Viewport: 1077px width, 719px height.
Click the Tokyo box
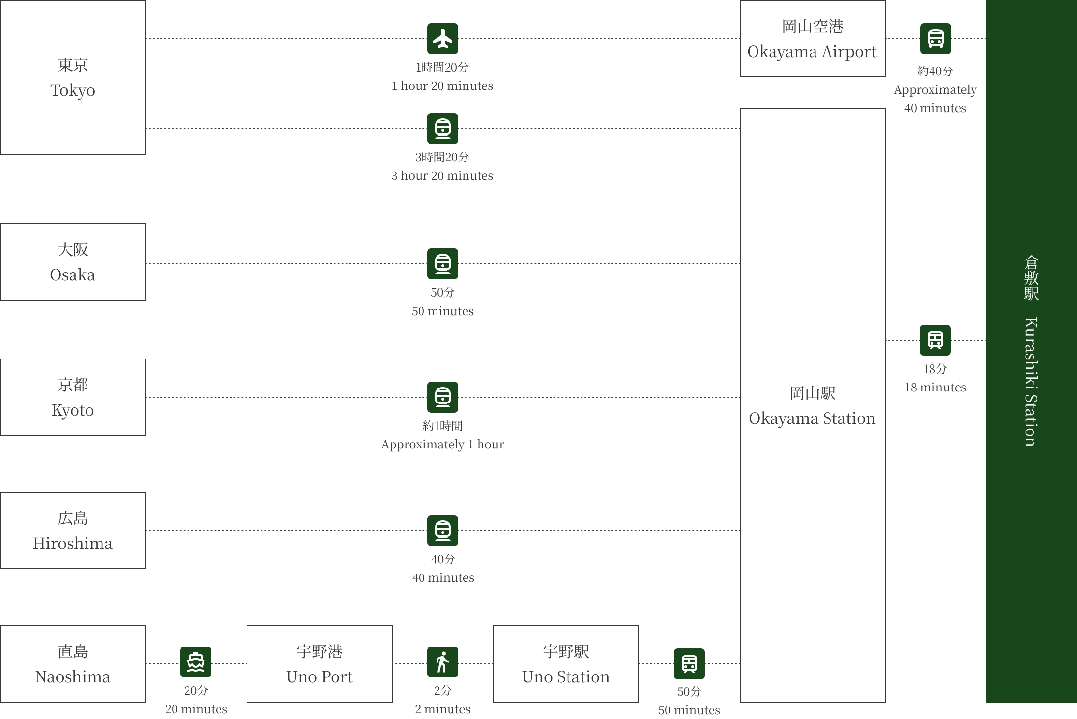click(73, 77)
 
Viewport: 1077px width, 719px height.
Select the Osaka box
click(73, 262)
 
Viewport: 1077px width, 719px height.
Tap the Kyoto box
click(73, 397)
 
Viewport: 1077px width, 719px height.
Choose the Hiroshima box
click(73, 531)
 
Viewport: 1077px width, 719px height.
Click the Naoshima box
click(73, 664)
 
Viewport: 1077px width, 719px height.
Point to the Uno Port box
click(320, 664)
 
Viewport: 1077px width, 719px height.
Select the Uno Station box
click(566, 664)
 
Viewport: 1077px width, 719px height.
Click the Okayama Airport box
click(812, 39)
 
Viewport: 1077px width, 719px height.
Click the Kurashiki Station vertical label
click(1031, 351)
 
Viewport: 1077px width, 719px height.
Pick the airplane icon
click(443, 39)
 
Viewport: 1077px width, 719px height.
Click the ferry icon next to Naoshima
click(196, 662)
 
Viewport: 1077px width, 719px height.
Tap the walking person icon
click(443, 662)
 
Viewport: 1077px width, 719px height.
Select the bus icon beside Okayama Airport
click(936, 39)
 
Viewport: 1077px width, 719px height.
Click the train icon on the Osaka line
click(443, 264)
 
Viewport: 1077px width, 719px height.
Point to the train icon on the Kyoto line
click(443, 396)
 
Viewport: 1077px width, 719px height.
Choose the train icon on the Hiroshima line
click(443, 531)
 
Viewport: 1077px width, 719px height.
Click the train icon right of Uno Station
click(690, 663)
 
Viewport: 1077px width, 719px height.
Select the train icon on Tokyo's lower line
click(443, 129)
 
